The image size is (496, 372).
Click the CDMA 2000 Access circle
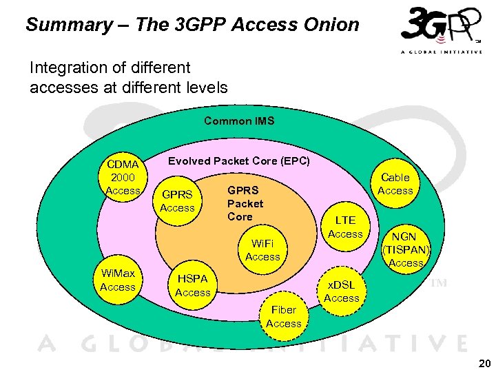point(123,177)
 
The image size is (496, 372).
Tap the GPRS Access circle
point(177,201)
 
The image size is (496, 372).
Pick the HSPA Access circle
point(193,286)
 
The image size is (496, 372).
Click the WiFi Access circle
point(262,250)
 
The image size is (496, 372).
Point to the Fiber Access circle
point(283,317)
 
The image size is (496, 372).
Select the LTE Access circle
point(345,227)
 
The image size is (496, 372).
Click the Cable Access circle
point(395,184)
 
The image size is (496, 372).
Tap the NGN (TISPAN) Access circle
point(406,249)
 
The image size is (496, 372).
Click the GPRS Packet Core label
point(245,203)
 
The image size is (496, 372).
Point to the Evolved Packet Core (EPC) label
point(240,161)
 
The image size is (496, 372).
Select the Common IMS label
point(239,121)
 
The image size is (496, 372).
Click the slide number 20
point(484,363)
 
